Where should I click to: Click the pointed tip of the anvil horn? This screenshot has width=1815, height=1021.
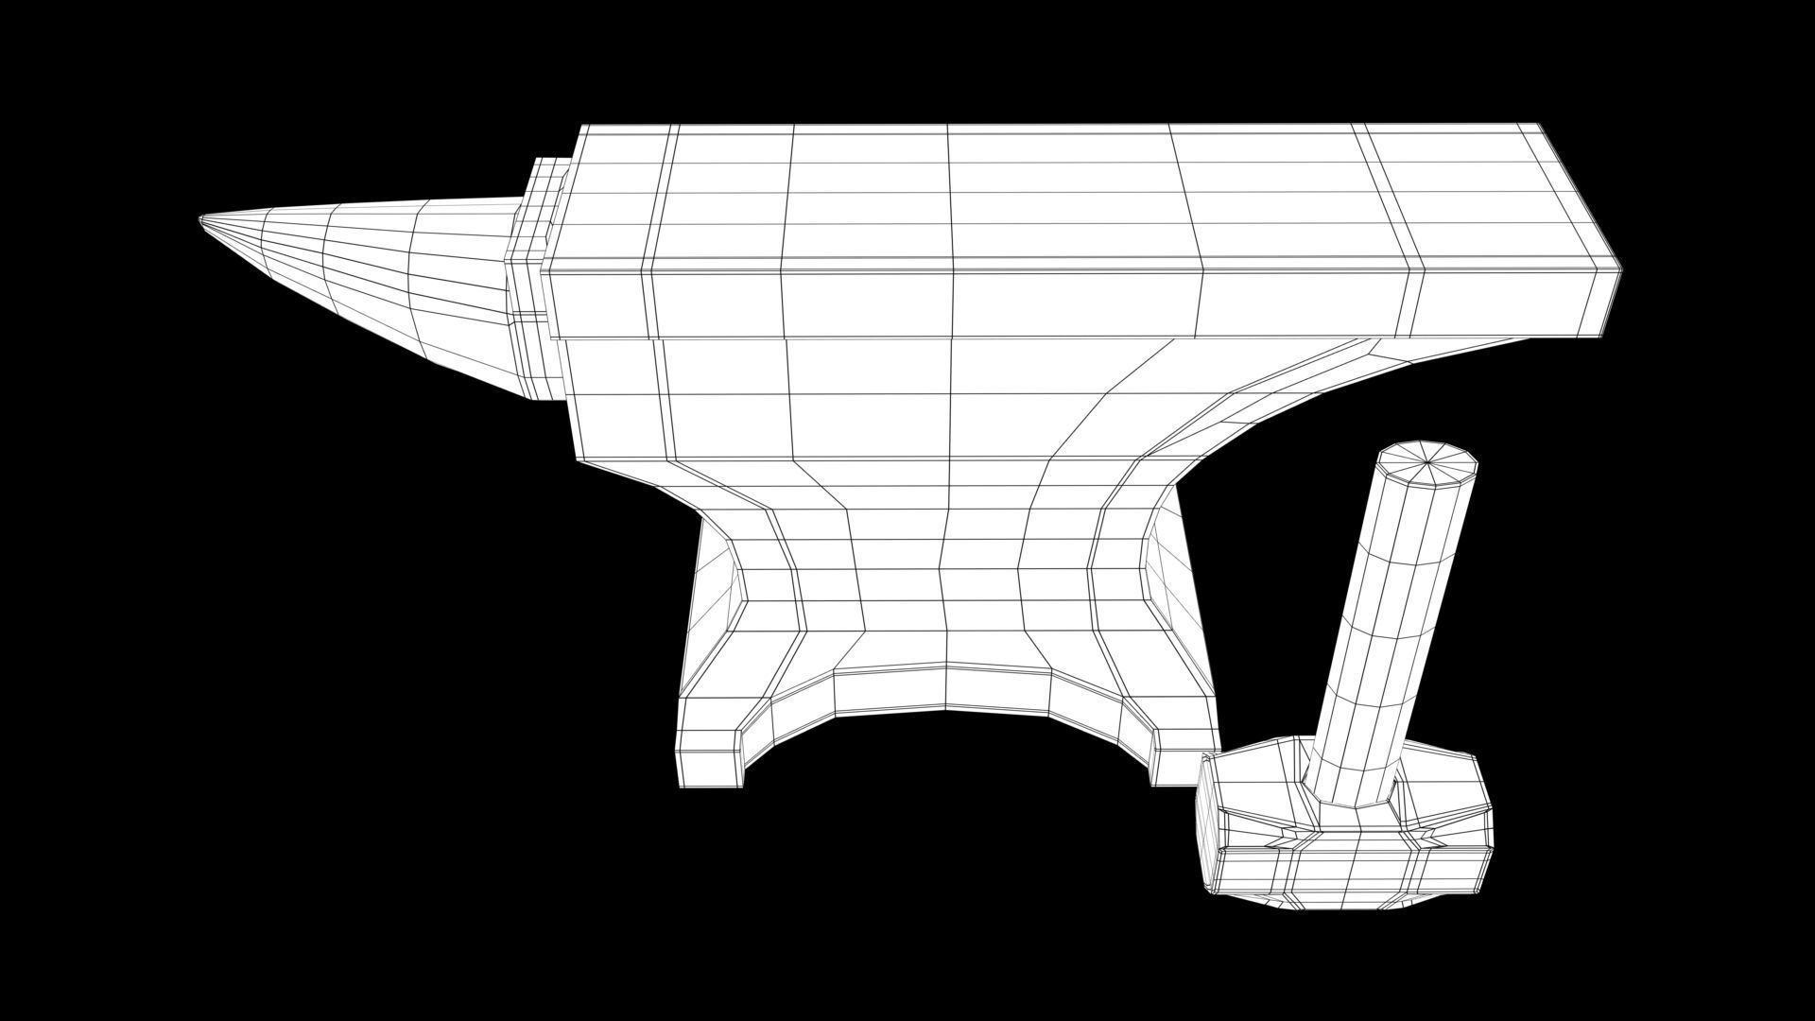(200, 220)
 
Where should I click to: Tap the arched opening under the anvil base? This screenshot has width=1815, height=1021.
(945, 756)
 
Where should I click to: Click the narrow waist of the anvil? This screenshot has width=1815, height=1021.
(945, 567)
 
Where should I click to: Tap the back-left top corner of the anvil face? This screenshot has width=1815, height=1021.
(584, 127)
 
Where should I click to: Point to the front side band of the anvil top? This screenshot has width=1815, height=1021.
(1040, 303)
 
